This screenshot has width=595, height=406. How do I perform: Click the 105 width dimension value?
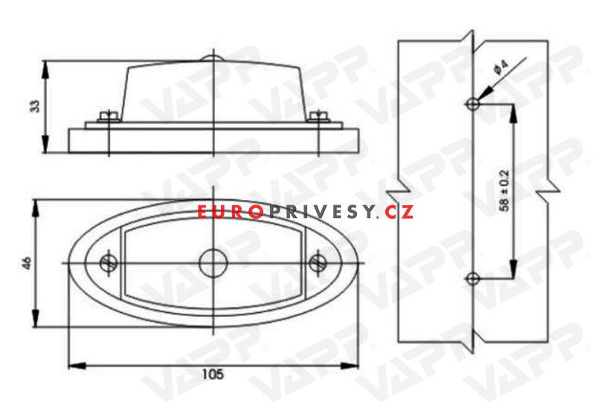213,375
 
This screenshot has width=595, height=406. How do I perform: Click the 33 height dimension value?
35,106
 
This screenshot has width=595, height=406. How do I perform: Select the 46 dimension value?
28,263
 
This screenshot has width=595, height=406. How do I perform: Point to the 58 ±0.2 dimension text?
505,190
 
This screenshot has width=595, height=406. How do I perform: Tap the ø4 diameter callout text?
501,68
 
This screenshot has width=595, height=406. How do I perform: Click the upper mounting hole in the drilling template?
473,103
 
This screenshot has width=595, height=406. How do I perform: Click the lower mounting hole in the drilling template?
472,279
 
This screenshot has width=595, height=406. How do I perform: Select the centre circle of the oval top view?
213,263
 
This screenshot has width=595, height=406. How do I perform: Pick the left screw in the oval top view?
109,263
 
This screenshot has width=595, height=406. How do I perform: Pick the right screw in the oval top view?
318,263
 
